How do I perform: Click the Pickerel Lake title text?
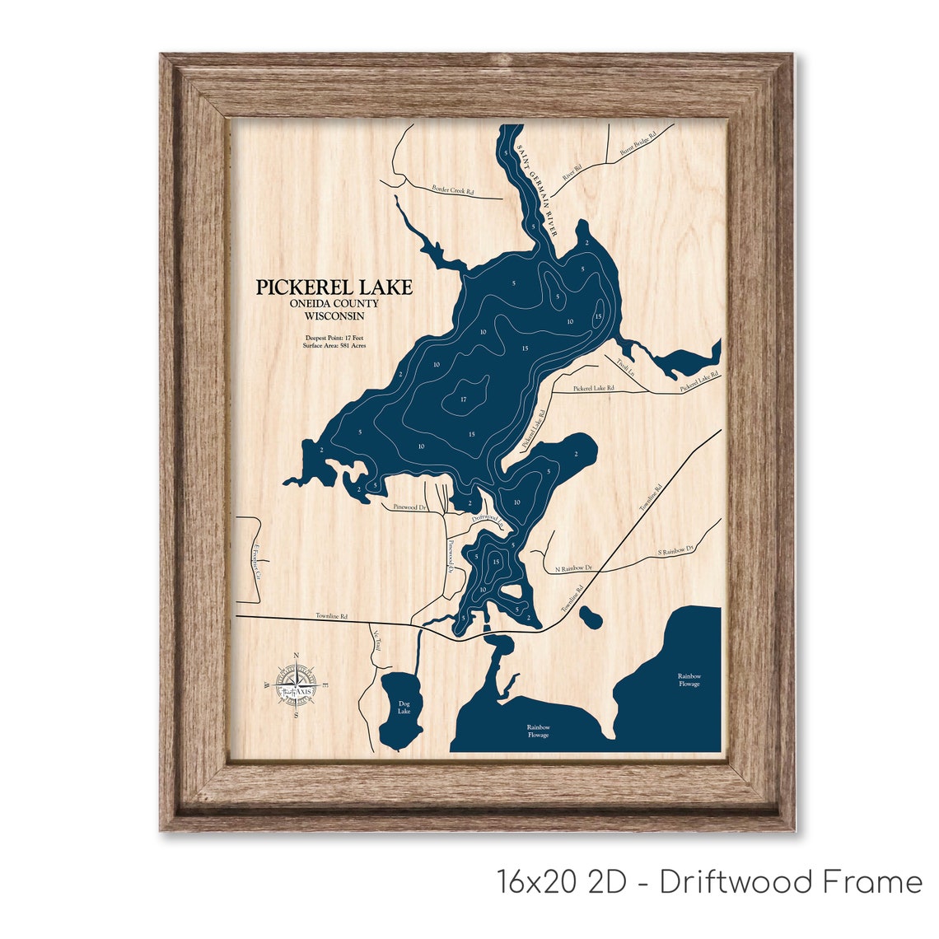click(x=334, y=287)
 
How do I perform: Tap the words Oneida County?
click(x=334, y=304)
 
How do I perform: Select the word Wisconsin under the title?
click(x=334, y=315)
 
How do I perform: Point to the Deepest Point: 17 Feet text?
click(x=334, y=338)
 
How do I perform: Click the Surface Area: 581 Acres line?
click(x=334, y=346)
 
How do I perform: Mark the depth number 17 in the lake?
click(x=464, y=399)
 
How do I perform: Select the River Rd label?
click(x=572, y=172)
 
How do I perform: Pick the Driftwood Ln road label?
click(x=487, y=518)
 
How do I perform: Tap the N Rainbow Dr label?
click(x=574, y=568)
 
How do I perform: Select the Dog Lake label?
click(x=404, y=707)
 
